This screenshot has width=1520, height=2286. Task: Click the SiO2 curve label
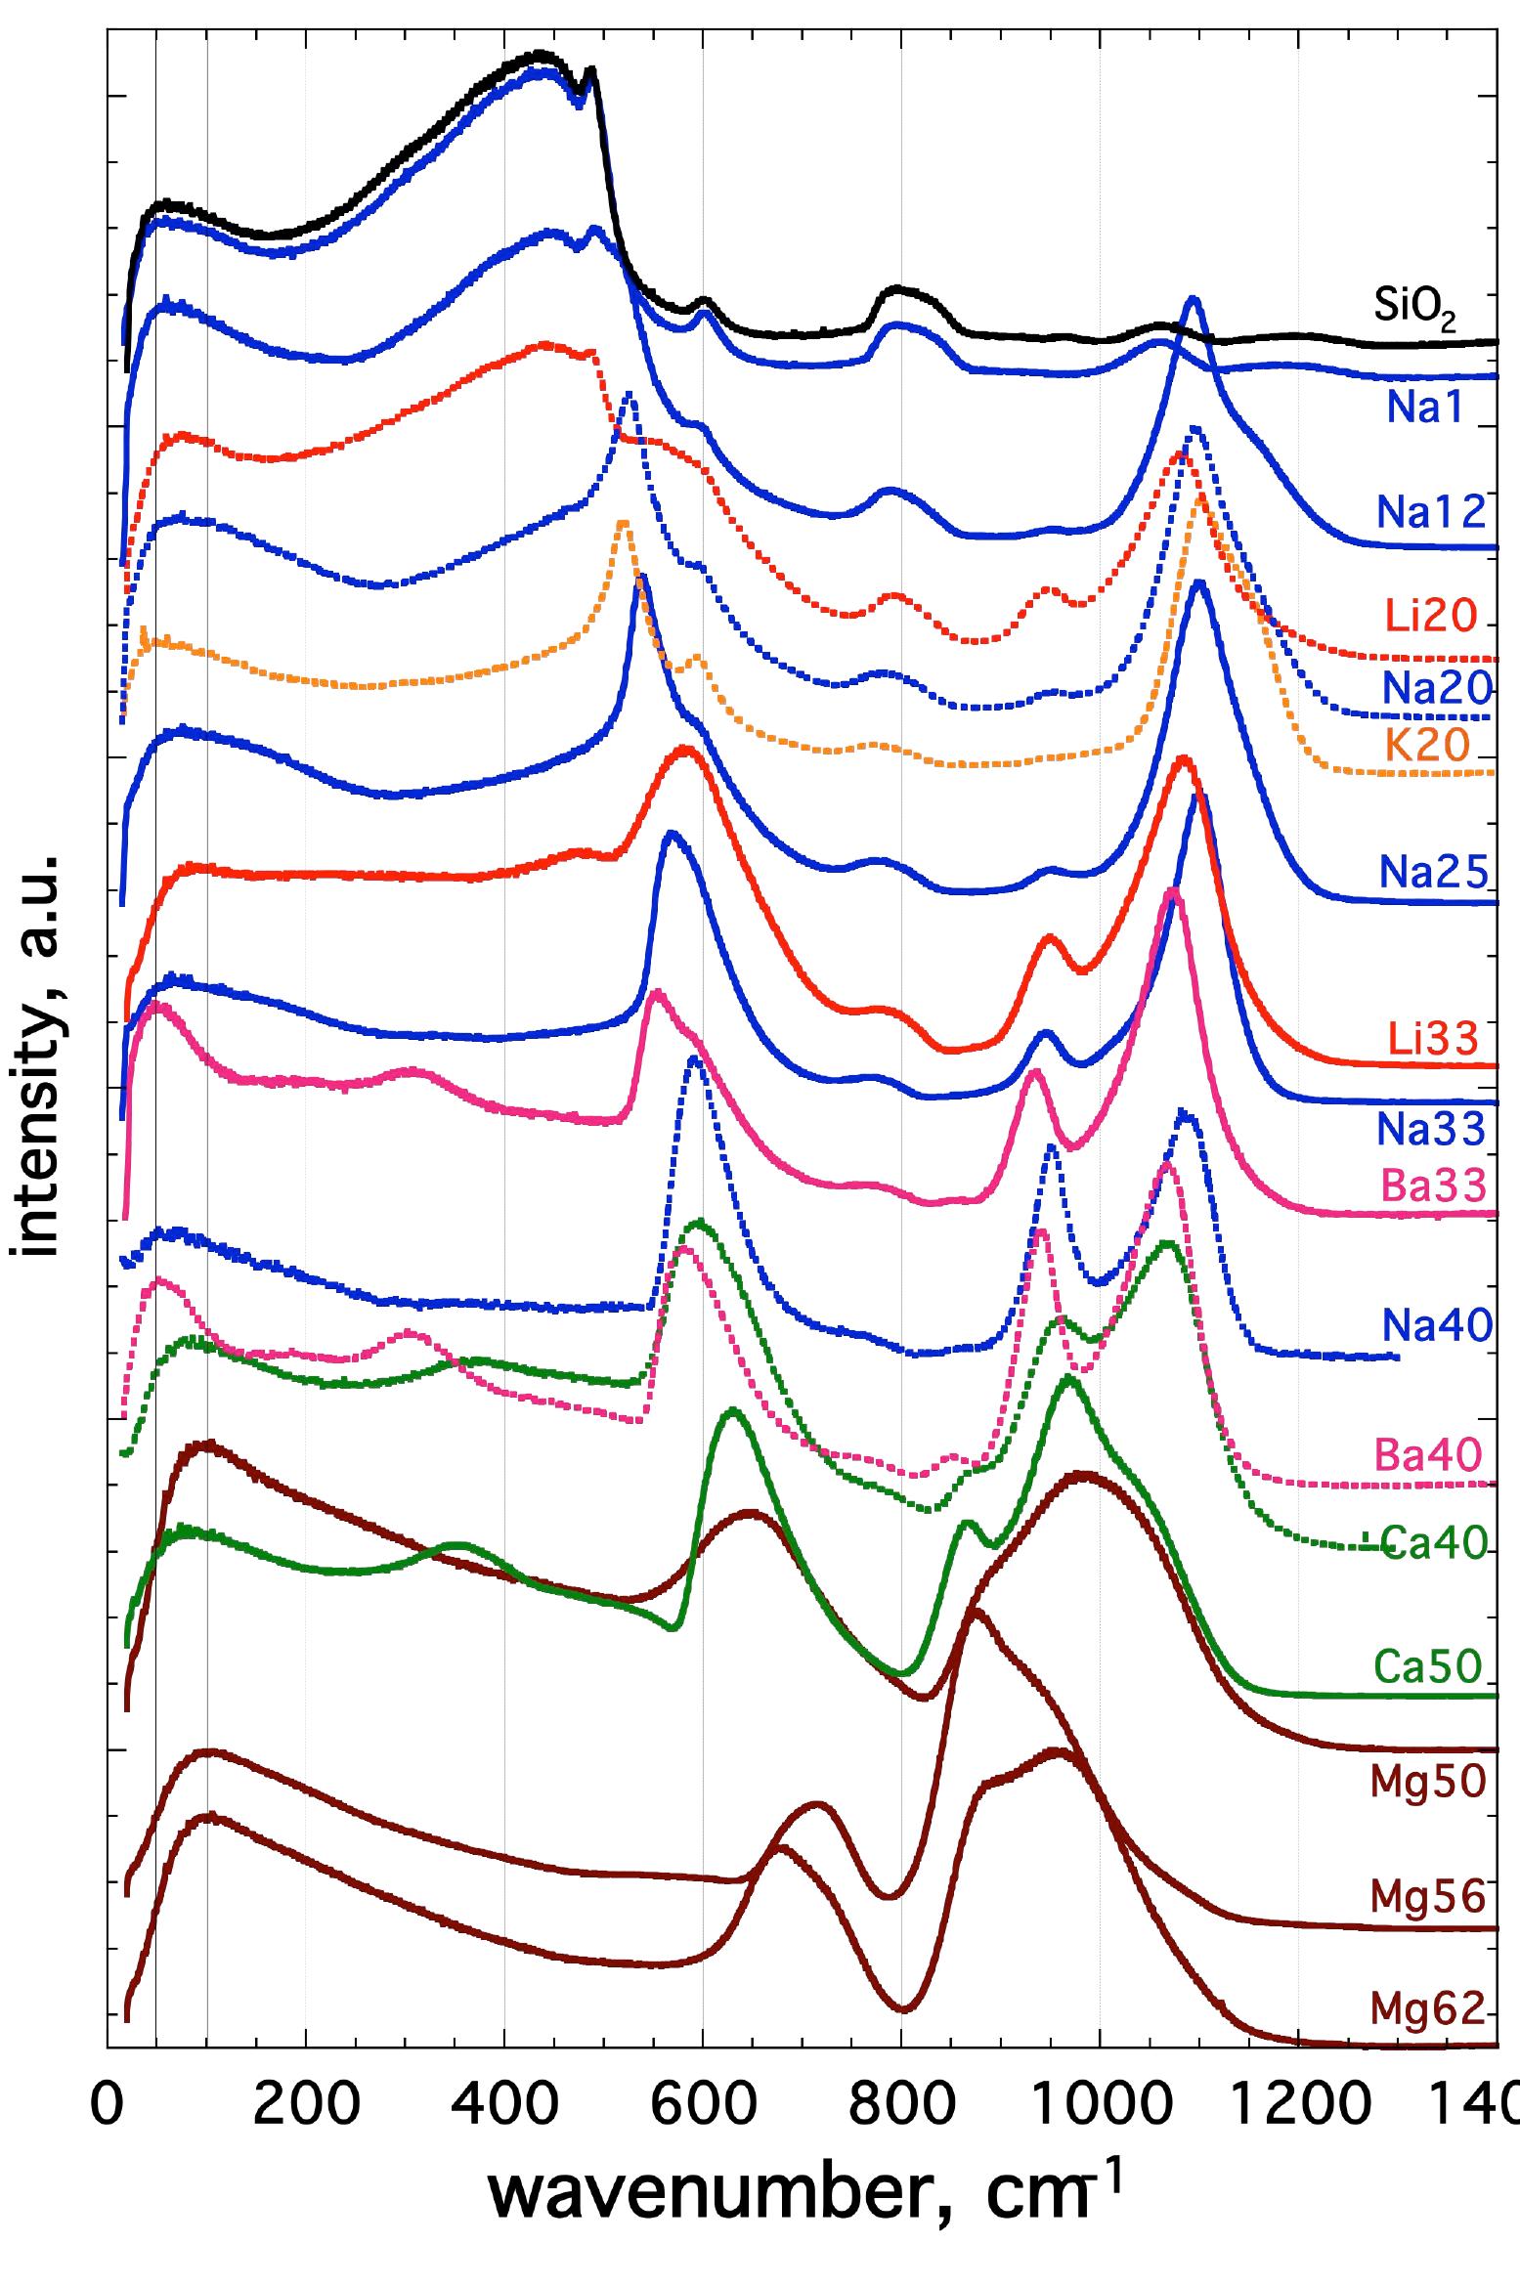point(1414,310)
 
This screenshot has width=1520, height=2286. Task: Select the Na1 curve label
point(1428,409)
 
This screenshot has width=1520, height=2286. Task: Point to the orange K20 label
point(1428,747)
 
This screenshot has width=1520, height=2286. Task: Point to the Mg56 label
point(1428,1897)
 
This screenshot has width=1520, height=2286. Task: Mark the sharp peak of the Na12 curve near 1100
point(1192,299)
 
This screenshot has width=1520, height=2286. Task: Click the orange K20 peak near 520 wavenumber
point(623,524)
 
